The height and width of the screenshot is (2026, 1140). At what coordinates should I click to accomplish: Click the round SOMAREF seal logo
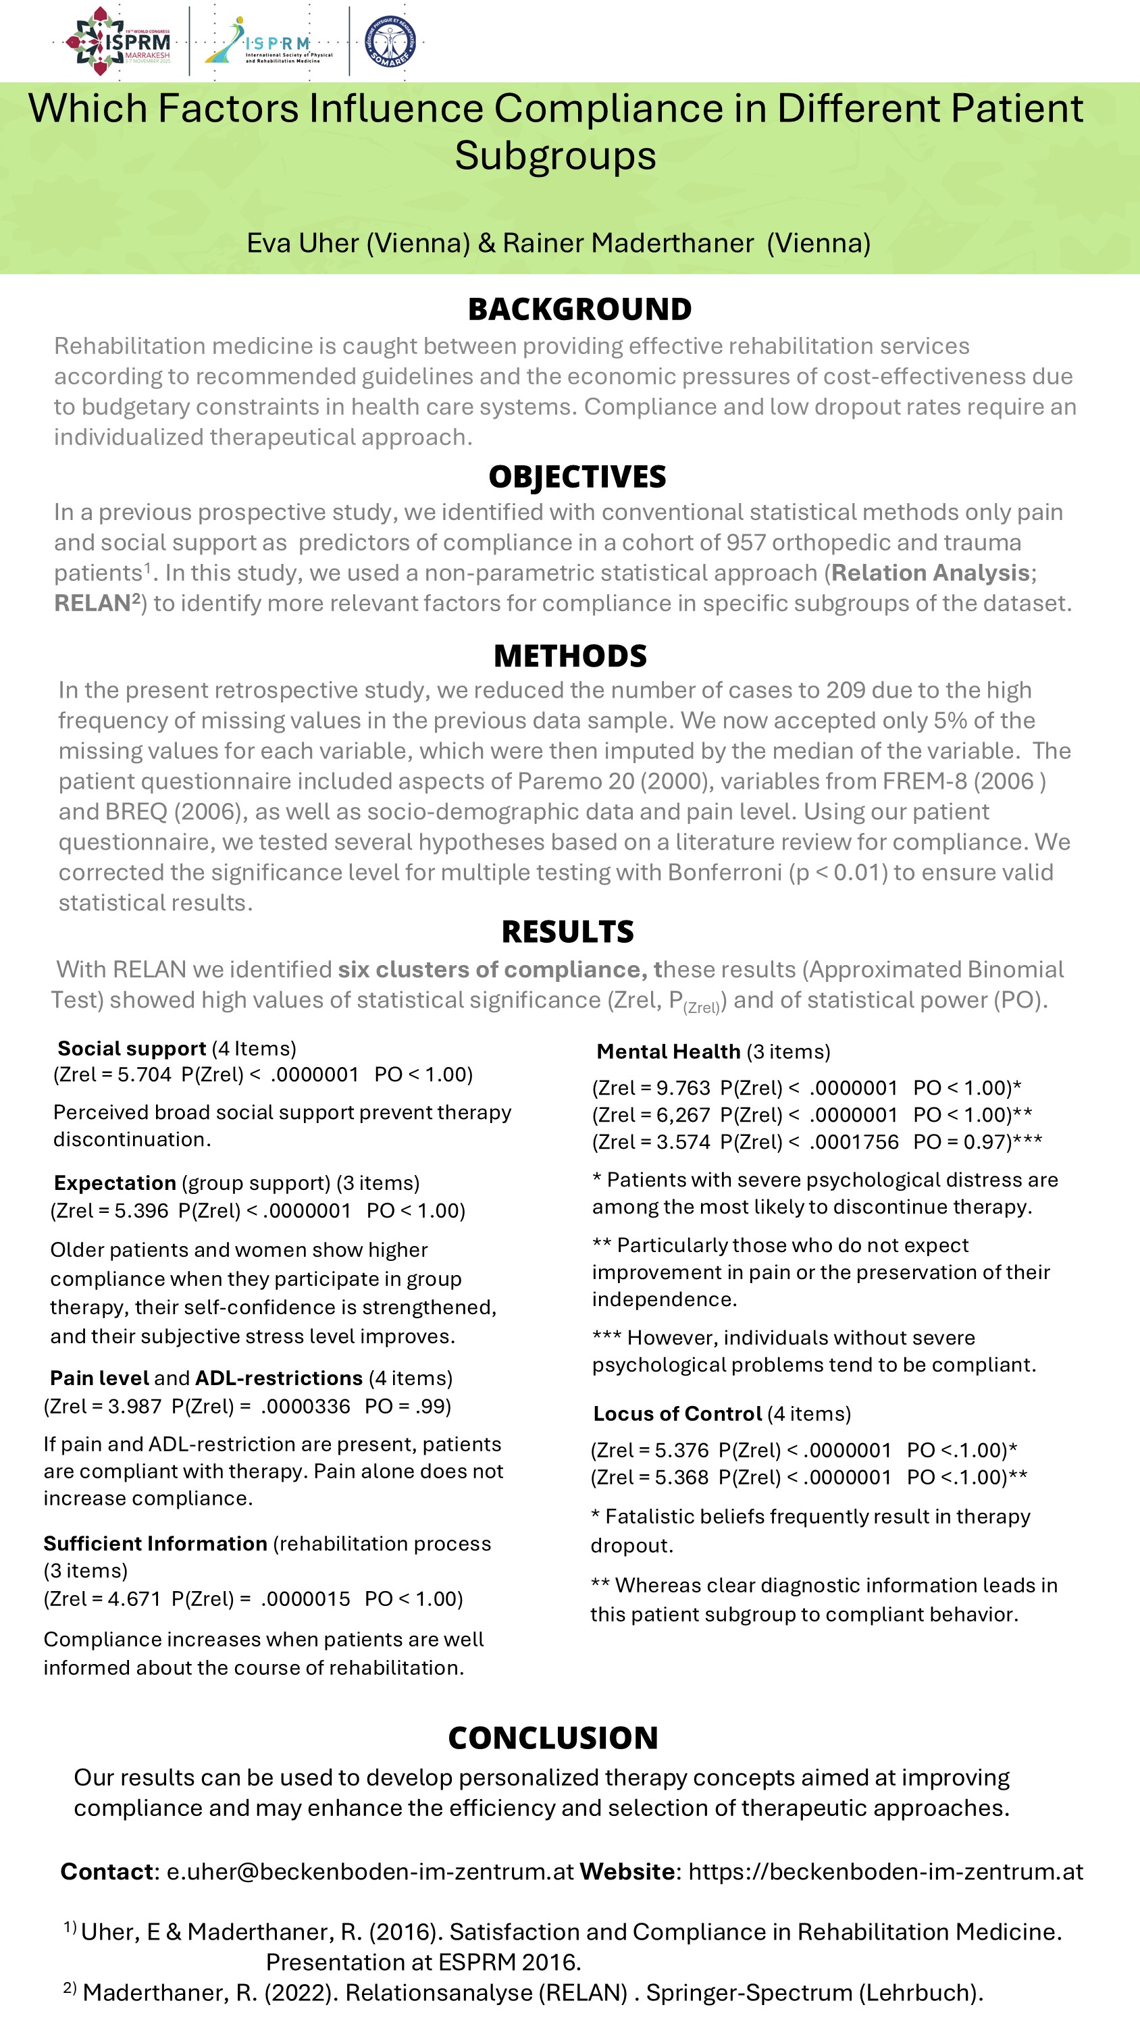point(390,41)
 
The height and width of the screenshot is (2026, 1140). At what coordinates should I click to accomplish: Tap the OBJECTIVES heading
point(577,477)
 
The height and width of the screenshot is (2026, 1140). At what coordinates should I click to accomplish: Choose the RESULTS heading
point(567,932)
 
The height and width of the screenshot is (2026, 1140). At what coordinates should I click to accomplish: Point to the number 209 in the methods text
point(845,690)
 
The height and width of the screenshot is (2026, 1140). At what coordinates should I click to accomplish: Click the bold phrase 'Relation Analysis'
point(931,573)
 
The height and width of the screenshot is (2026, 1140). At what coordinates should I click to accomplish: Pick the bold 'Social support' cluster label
point(132,1048)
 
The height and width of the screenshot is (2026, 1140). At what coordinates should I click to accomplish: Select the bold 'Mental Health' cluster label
point(668,1051)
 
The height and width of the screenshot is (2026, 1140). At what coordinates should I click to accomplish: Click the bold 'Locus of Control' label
point(677,1413)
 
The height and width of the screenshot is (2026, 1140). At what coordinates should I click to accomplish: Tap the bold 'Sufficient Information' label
point(155,1544)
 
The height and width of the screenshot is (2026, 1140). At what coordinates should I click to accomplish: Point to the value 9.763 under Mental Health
point(683,1088)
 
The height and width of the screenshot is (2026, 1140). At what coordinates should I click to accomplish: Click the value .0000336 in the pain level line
point(305,1406)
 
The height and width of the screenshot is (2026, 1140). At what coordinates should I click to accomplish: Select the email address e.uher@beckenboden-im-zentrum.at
point(370,1871)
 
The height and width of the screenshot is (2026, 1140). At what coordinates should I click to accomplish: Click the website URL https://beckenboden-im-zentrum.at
point(885,1871)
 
